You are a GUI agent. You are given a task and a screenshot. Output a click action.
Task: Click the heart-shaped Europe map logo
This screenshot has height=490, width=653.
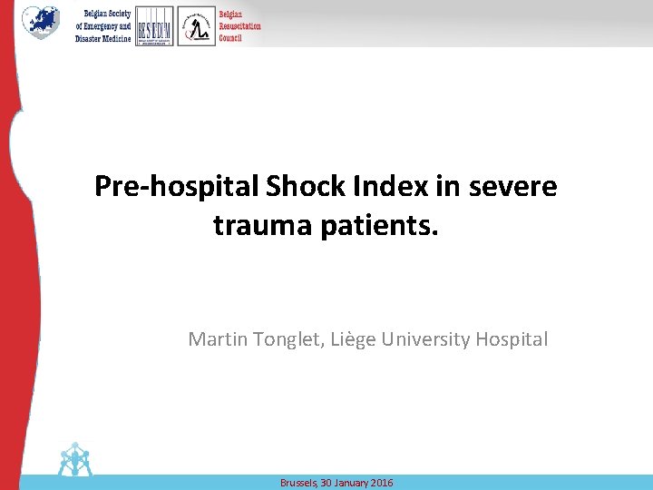tap(40, 23)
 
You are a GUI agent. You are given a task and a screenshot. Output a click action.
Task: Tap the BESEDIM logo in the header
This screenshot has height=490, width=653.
tap(153, 25)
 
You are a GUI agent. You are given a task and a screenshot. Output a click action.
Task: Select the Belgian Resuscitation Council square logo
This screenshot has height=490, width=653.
tap(196, 26)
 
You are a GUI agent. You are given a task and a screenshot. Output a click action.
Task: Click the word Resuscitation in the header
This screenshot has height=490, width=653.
tap(239, 26)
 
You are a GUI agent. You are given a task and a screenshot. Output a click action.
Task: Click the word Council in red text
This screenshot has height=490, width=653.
tap(230, 37)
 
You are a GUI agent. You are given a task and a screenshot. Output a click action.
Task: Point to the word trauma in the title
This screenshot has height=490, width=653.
tap(263, 225)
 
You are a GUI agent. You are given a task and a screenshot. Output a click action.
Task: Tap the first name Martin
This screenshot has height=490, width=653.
tap(215, 339)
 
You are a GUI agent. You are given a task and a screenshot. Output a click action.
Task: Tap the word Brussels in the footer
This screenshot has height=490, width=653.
tap(297, 483)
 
